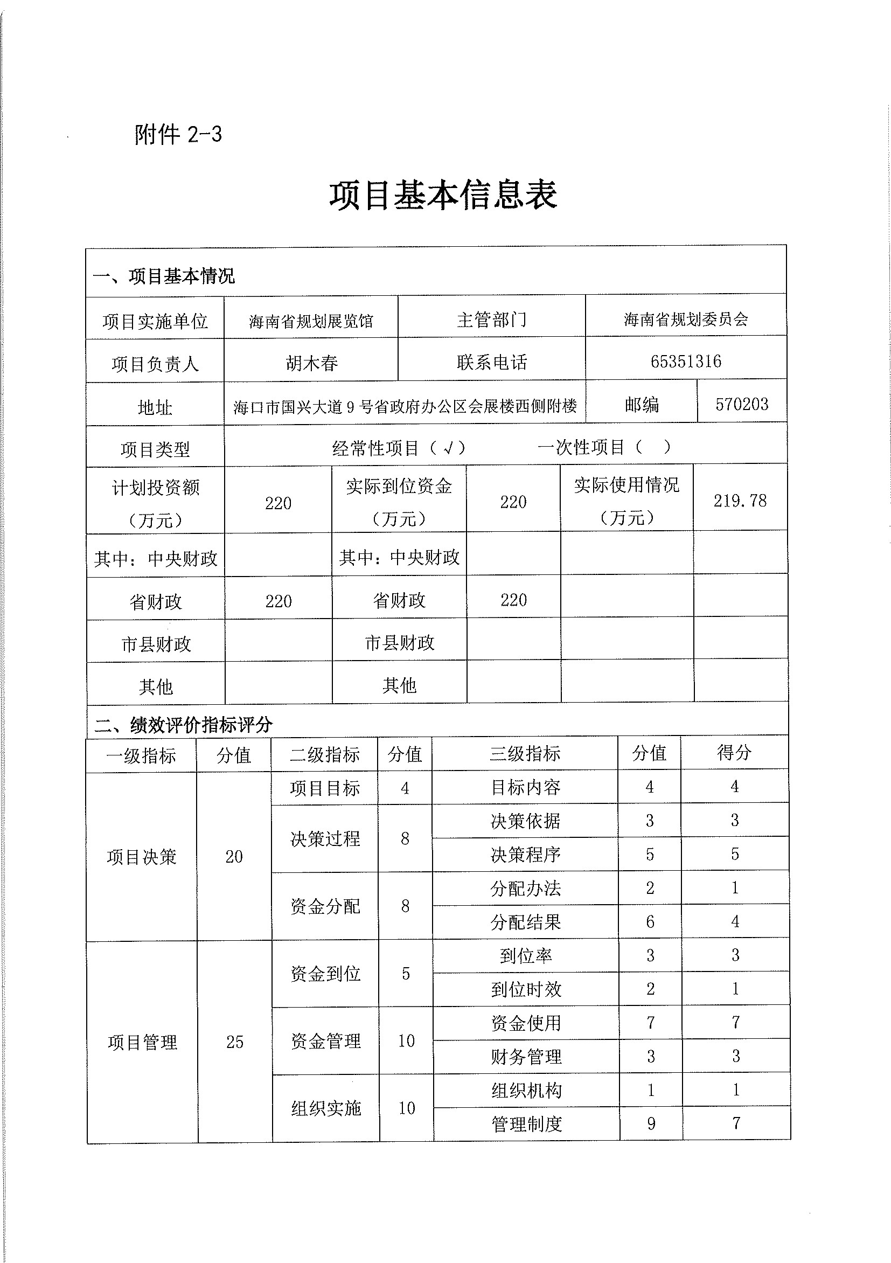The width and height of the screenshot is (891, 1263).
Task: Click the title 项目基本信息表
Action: pyautogui.click(x=443, y=195)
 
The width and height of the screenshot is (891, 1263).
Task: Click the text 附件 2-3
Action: pyautogui.click(x=178, y=134)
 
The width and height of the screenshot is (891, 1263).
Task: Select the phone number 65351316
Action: pyautogui.click(x=685, y=362)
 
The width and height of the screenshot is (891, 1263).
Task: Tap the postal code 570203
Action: pyautogui.click(x=741, y=404)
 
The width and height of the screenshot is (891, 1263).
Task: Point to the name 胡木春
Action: pyautogui.click(x=311, y=363)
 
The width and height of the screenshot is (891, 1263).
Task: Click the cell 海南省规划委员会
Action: pyautogui.click(x=685, y=319)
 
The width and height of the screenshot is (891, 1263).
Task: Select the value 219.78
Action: pyautogui.click(x=740, y=501)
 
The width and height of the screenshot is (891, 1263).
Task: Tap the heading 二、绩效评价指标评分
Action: pyautogui.click(x=183, y=725)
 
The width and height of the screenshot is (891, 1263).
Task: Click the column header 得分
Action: pyautogui.click(x=734, y=753)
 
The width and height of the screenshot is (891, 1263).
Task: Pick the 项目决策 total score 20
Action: pyautogui.click(x=234, y=857)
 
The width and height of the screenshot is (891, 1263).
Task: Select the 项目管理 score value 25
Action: pyautogui.click(x=235, y=1042)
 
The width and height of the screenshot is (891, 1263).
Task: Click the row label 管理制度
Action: pyautogui.click(x=526, y=1124)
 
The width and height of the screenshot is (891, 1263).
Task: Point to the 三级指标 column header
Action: pyautogui.click(x=525, y=753)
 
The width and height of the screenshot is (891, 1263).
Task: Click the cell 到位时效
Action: pyautogui.click(x=526, y=990)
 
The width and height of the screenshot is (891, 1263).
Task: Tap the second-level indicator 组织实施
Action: pyautogui.click(x=325, y=1108)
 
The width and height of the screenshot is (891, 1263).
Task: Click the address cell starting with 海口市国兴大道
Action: pyautogui.click(x=405, y=406)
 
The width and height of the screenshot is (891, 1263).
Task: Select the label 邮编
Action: pyautogui.click(x=641, y=405)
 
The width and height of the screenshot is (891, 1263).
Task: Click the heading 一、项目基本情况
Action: pyautogui.click(x=164, y=275)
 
